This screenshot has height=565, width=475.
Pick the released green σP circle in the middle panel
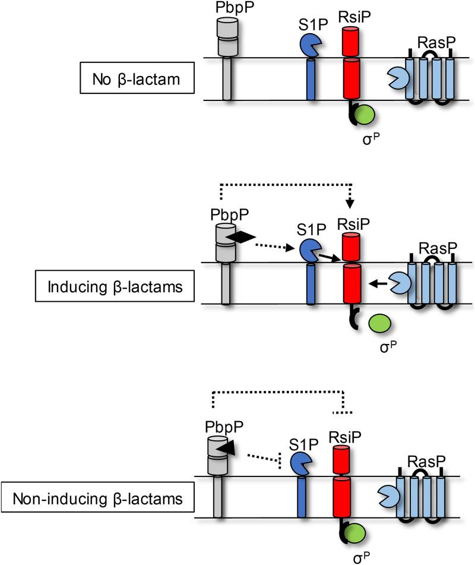click(x=380, y=324)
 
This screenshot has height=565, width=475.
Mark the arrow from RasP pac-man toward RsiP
click(x=376, y=285)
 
